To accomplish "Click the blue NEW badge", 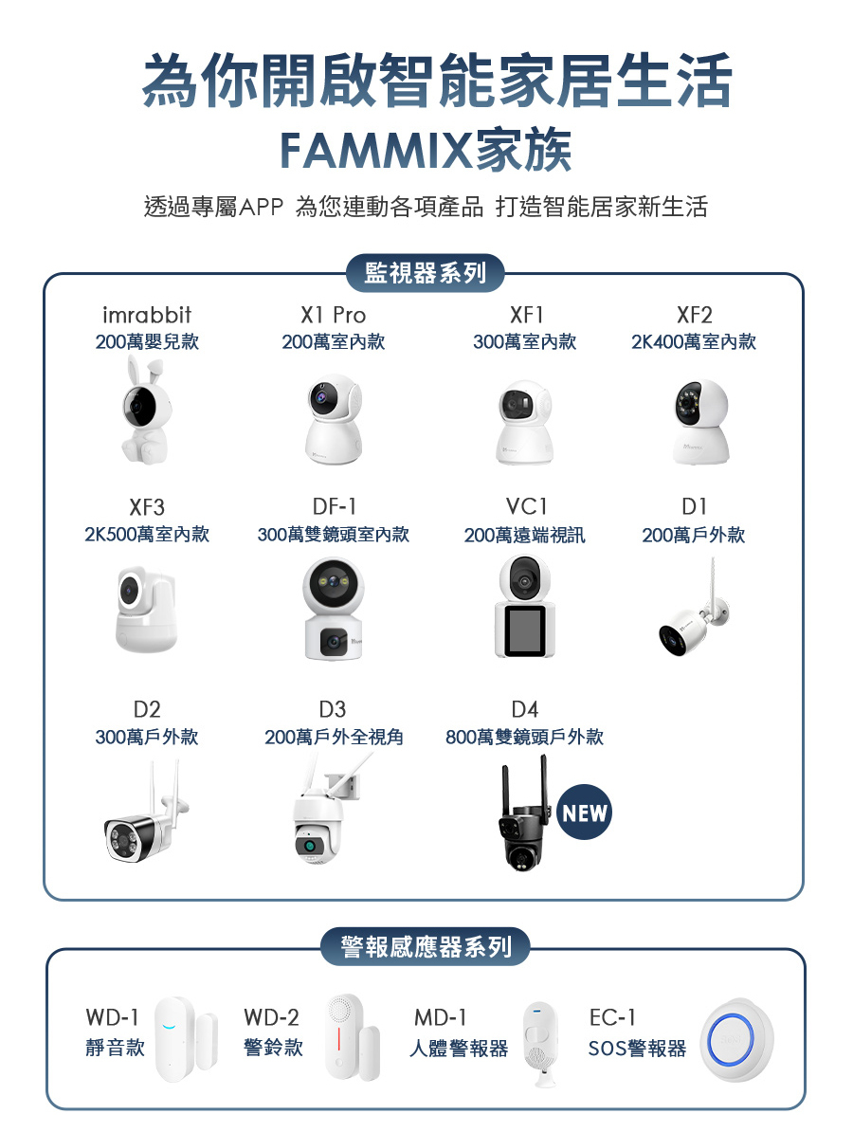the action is [x=584, y=813].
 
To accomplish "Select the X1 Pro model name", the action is [x=333, y=315].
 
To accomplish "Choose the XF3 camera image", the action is [x=145, y=611].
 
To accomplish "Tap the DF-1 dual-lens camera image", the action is [x=333, y=609].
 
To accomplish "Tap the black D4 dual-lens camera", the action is [x=520, y=817].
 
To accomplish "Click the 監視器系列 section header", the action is [x=426, y=274].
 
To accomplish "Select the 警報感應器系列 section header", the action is [x=426, y=946].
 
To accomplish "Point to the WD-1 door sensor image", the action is [x=185, y=1033].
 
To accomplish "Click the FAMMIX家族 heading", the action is [x=426, y=150].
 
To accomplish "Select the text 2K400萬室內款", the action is [x=694, y=342].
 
